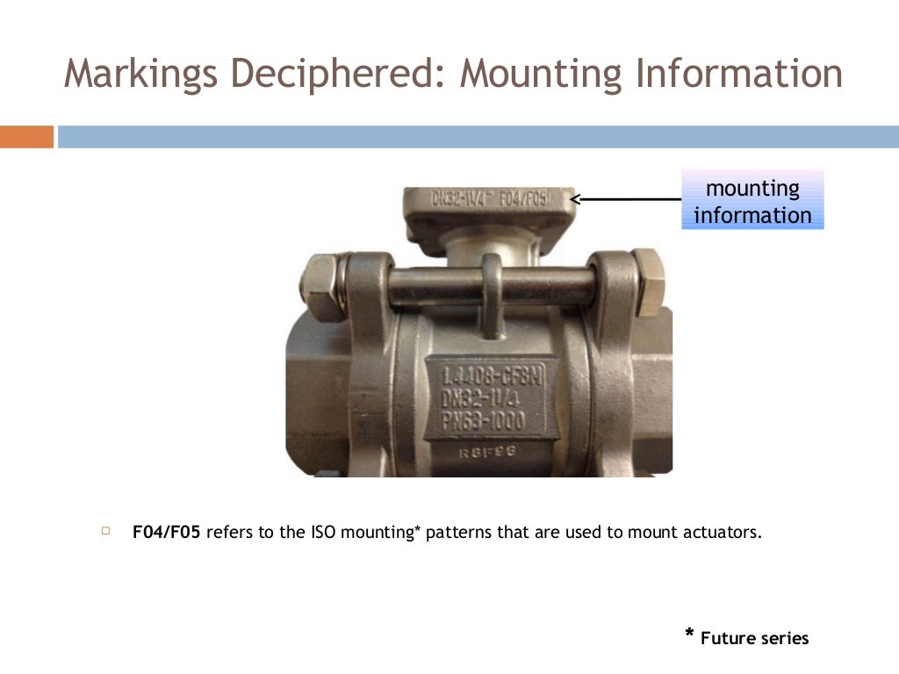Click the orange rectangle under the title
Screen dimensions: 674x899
tap(26, 137)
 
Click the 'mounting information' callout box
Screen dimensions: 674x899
tap(752, 201)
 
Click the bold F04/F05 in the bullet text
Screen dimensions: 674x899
tap(167, 532)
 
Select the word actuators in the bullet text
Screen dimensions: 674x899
tap(723, 532)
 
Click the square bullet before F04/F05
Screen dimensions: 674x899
tap(106, 531)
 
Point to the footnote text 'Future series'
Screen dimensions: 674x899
tap(754, 638)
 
